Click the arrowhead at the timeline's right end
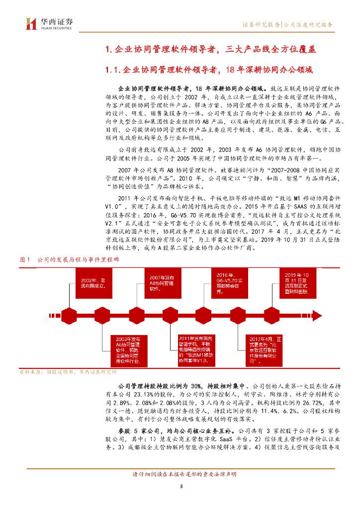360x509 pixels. pyautogui.click(x=318, y=316)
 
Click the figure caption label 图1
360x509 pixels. pyautogui.click(x=25, y=260)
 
